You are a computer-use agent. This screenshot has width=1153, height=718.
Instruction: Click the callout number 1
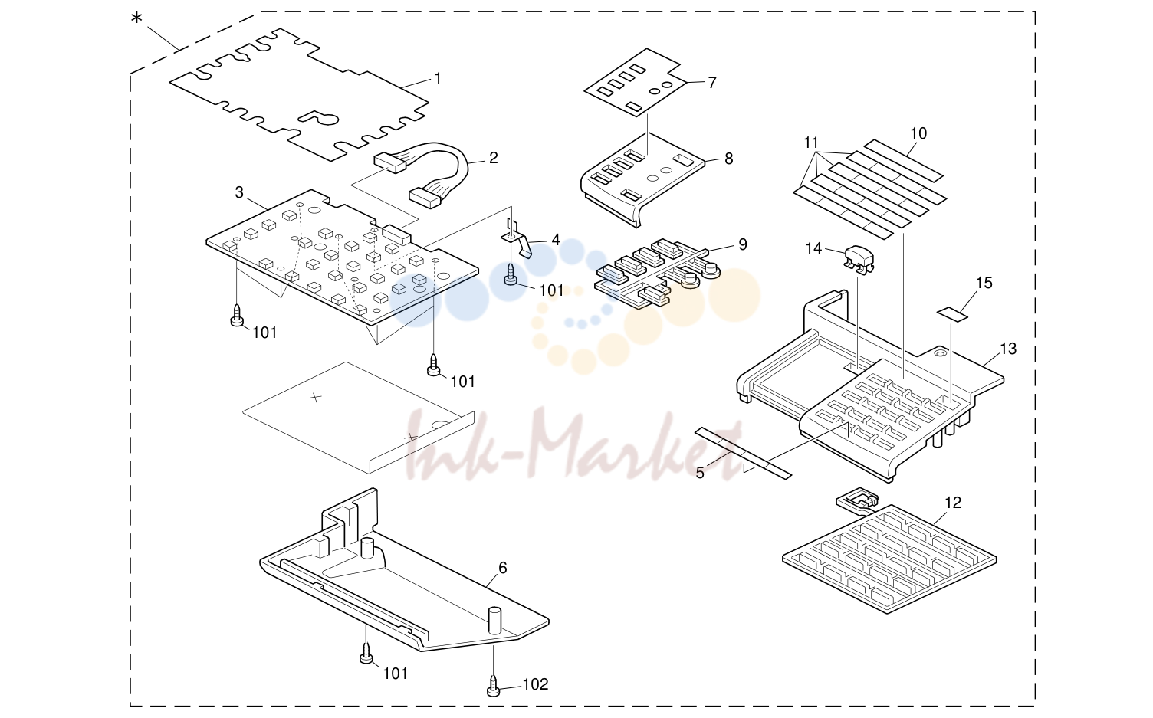438,79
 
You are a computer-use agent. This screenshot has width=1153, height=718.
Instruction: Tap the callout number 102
535,684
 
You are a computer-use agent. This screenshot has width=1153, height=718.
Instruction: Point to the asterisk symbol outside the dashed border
136,19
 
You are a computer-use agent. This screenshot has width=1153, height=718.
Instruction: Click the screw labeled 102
493,686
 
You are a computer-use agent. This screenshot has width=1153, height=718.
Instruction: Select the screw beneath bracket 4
510,274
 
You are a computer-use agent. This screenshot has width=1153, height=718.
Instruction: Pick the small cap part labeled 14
859,258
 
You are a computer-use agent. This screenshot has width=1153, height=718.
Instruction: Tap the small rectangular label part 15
952,313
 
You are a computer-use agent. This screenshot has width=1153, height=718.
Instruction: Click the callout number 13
1008,349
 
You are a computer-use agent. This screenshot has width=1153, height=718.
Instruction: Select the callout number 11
811,143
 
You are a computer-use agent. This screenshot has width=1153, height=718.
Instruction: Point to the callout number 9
742,244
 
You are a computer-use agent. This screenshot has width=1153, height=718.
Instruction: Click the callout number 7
712,82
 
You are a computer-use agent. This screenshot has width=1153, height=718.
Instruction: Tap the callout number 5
699,473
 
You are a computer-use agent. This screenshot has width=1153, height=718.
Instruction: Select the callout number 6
502,568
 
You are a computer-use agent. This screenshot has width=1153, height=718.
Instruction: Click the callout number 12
953,503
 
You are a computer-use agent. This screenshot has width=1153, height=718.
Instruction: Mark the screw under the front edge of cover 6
366,653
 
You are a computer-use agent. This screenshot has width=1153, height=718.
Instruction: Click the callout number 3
239,192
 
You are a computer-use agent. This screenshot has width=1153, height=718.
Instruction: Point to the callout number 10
918,134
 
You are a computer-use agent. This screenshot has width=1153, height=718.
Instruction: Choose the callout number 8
728,159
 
